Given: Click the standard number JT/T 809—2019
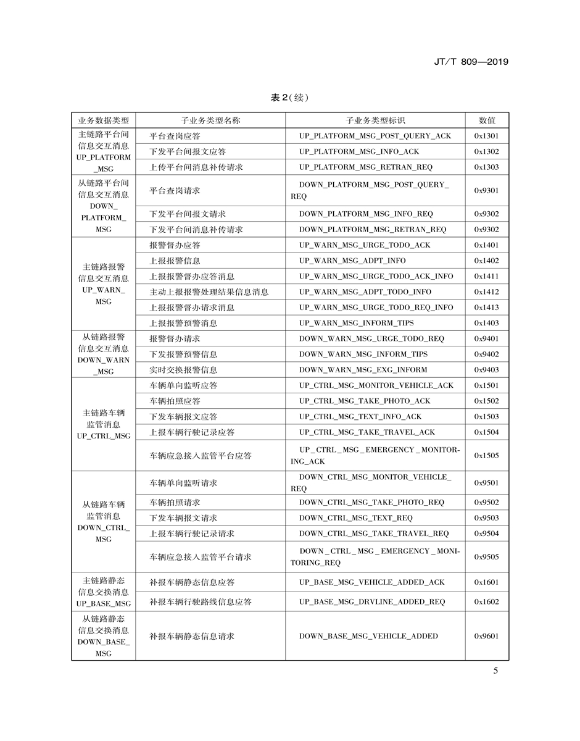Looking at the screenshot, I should click(x=471, y=62).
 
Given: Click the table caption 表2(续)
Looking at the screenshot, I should click(x=289, y=98).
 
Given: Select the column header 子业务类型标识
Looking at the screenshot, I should click(x=375, y=120).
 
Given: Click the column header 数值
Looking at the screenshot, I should click(x=487, y=120).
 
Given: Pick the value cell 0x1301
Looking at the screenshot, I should click(x=487, y=136).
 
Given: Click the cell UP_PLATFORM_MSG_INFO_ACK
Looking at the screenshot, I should click(x=359, y=151).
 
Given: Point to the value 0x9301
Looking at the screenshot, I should click(x=487, y=190).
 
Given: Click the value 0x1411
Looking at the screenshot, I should click(x=487, y=276).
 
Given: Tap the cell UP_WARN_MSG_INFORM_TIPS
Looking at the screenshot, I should click(x=357, y=323).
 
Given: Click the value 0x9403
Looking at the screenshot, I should click(x=487, y=370).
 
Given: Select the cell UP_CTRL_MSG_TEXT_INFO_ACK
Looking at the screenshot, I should click(x=360, y=417).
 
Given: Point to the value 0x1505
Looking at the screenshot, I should click(x=487, y=456).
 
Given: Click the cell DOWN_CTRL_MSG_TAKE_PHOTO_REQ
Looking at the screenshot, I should click(x=371, y=503).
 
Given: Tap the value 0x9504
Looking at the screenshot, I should click(x=487, y=534).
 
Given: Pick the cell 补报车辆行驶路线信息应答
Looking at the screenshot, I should click(x=201, y=601).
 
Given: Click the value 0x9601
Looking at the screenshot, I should click(x=487, y=636).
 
